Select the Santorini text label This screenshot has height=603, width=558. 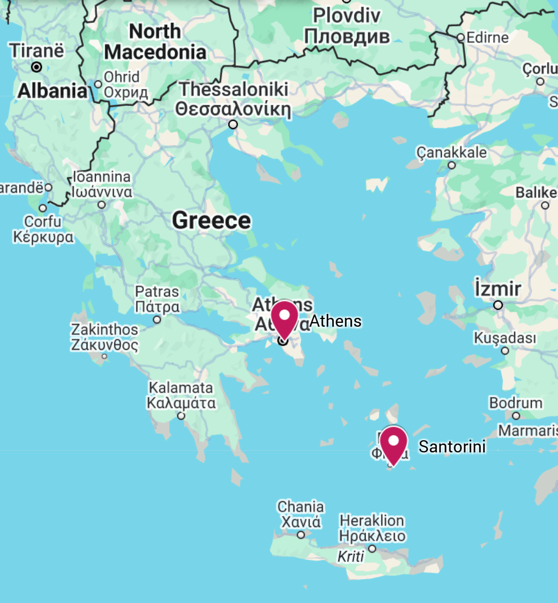tap(452, 446)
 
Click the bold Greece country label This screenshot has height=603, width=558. tap(211, 220)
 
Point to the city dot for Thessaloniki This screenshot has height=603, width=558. tap(233, 125)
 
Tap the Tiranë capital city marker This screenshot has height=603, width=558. tap(37, 67)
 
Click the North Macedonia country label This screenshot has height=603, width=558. tap(155, 42)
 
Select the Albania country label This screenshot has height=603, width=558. tap(53, 91)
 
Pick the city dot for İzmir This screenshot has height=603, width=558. tap(498, 305)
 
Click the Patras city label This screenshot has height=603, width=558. tap(157, 298)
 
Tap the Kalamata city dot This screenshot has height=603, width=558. tap(181, 416)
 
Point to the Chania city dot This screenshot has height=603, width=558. tap(301, 535)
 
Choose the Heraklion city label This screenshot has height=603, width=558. tap(372, 528)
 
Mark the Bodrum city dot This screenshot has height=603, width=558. tap(516, 416)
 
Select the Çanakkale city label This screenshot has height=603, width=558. tap(452, 152)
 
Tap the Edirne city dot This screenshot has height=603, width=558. tap(461, 38)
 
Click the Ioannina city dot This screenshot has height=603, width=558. tap(102, 205)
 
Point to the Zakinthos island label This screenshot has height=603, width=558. tap(105, 337)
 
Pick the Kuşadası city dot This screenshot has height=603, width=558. tap(505, 351)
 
